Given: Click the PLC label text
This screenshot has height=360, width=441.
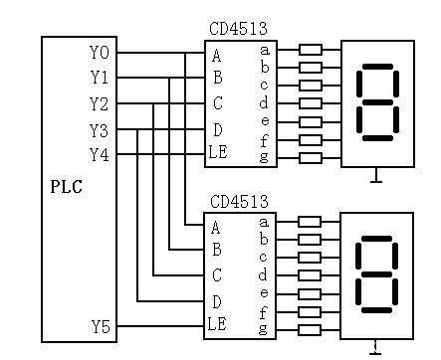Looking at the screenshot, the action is pos(66,186).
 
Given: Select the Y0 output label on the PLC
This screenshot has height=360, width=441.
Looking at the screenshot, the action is pos(100,53).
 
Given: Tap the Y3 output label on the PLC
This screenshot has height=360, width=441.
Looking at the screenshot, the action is pos(99,130).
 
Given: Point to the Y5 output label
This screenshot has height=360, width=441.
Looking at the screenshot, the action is pos(101,327).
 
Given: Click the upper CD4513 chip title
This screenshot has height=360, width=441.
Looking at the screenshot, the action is pos(238,29).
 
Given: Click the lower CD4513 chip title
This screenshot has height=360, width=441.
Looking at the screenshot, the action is pos(239,202).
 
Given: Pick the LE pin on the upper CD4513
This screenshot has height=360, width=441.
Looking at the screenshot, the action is pos(218,152).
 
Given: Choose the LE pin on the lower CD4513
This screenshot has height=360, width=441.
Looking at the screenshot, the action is pos(217,323).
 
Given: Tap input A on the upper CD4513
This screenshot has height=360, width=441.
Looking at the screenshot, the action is pos(216,56).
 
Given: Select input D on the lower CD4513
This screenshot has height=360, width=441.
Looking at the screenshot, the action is pos(216,302).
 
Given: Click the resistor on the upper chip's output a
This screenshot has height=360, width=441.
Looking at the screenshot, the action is pos(311,50).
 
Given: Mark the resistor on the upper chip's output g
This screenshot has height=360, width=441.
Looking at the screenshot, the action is pos(311,158).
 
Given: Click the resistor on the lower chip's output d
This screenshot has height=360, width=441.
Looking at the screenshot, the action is pos(310,275).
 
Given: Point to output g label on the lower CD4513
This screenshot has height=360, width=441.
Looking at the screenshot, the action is pos(263,329).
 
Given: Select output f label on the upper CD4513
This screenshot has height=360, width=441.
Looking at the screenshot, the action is pos(264,141).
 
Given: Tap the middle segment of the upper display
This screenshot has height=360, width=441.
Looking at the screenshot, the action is pos(377,102).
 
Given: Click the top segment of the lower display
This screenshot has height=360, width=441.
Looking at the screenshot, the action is pos(376,239).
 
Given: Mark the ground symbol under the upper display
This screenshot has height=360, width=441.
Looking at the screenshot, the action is pos(376,175).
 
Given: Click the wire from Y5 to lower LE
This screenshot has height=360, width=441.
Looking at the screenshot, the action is pos(160,326).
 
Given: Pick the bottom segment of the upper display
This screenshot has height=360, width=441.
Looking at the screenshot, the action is pos(377,138).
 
